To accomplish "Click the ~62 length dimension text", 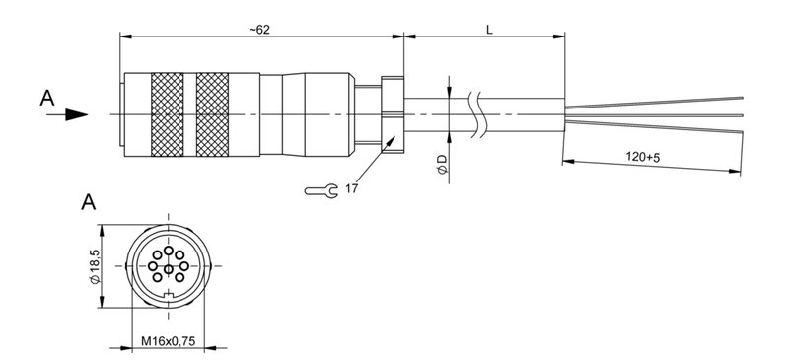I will [x=258, y=29].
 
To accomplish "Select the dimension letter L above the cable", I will [x=490, y=29].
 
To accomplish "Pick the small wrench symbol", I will [x=321, y=188].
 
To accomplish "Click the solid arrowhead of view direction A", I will [x=75, y=113].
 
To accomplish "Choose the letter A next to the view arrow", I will [x=46, y=98].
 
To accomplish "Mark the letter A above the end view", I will [x=88, y=204].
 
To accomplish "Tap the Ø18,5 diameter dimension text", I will [x=95, y=266].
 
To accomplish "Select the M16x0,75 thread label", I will [x=167, y=342].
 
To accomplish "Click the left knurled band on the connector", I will [x=167, y=113].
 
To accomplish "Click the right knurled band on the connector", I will [x=212, y=113].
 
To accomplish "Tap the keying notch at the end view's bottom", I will [x=169, y=296].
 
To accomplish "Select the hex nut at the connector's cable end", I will [x=393, y=113].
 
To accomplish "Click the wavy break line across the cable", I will [x=480, y=113].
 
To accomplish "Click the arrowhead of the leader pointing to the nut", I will [x=395, y=141].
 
